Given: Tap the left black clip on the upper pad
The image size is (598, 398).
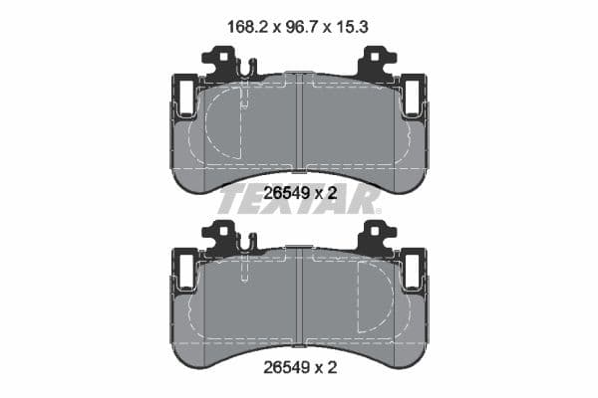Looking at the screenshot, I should coord(222,65).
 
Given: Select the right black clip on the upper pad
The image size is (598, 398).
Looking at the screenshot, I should coord(376,65).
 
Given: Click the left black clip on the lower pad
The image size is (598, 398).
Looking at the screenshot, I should coord(222,238).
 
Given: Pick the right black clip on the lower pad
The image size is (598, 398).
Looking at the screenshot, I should coord(376,238).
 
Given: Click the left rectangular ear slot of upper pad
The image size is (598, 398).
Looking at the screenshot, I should coord(185,97).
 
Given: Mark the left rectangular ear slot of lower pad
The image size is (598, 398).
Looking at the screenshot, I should coord(185,270).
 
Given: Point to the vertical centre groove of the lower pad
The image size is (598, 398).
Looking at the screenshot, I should coord(299,298).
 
